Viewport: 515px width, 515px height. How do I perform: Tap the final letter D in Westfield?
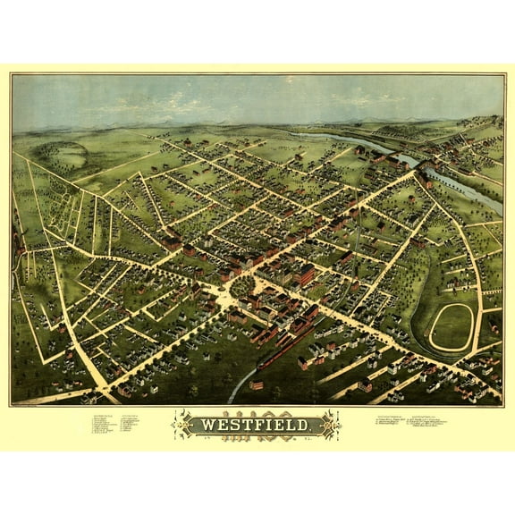[306, 425]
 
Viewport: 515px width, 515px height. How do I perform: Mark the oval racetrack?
[452, 326]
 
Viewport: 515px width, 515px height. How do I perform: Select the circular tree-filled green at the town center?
[242, 287]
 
